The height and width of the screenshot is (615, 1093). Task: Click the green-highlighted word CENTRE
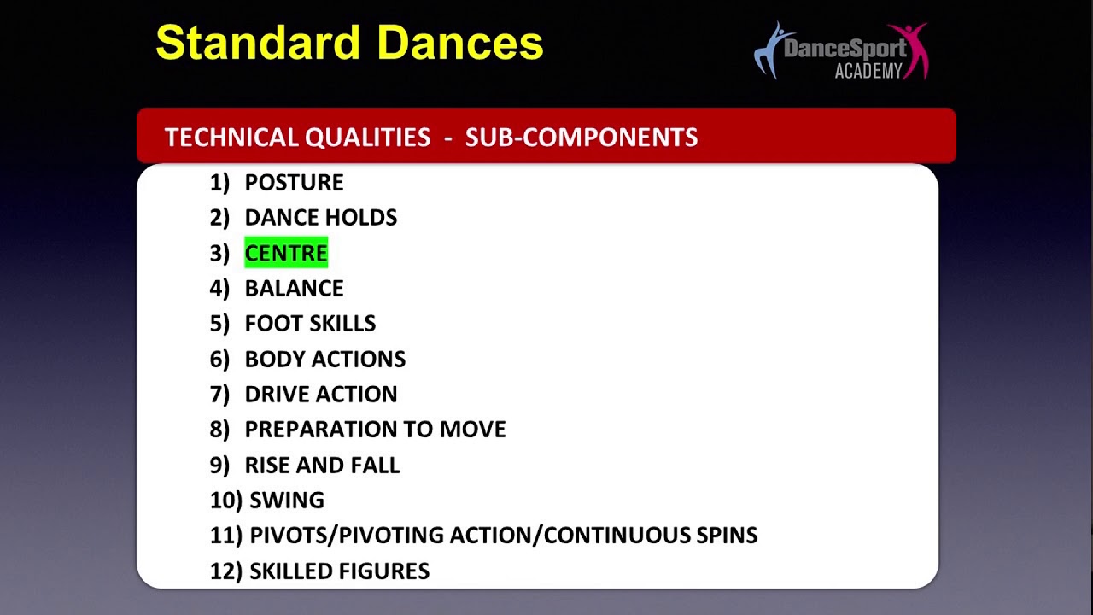tap(286, 253)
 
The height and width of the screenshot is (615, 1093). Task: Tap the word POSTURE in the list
tap(295, 183)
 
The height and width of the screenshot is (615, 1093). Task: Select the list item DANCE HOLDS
tap(321, 218)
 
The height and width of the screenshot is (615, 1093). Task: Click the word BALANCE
tap(295, 289)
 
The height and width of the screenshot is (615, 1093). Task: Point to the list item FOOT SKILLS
tap(310, 324)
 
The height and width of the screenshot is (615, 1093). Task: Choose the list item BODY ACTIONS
tap(325, 360)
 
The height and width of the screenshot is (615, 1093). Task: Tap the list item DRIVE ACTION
tap(321, 395)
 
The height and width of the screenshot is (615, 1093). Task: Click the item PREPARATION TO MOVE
tap(375, 430)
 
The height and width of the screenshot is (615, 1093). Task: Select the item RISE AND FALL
tap(322, 466)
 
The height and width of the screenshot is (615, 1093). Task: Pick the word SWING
tap(287, 501)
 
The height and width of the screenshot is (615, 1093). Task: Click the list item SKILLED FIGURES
tap(340, 571)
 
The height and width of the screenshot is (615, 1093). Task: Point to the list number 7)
tap(219, 395)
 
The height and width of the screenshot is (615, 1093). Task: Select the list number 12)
tap(226, 571)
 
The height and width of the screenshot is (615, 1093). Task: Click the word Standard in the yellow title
tap(258, 43)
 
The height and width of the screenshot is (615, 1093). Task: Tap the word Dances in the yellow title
tap(460, 43)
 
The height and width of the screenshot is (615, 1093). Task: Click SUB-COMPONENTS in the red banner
tap(582, 138)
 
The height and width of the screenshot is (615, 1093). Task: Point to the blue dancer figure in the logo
tap(771, 50)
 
